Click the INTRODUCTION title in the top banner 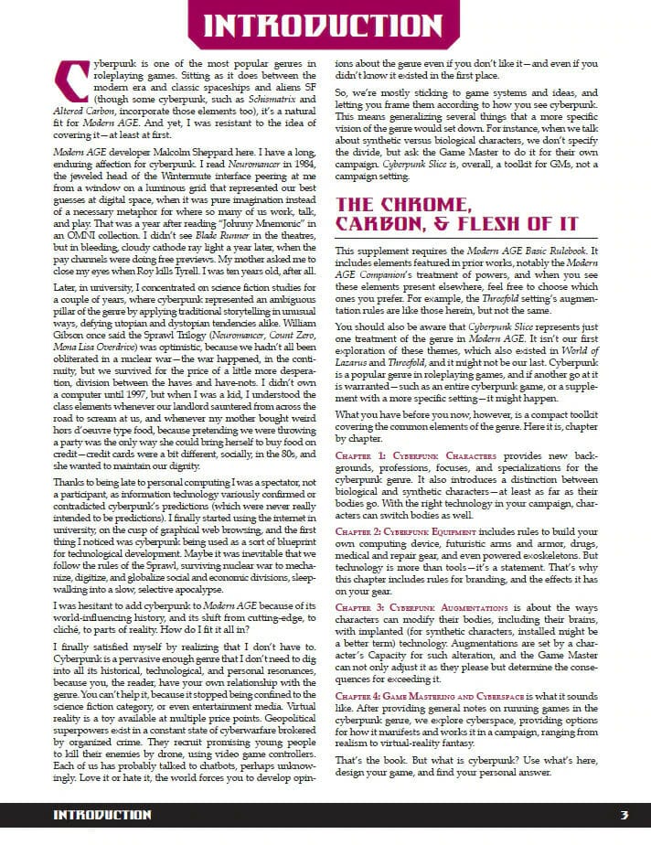point(325,26)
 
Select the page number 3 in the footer point(624,815)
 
